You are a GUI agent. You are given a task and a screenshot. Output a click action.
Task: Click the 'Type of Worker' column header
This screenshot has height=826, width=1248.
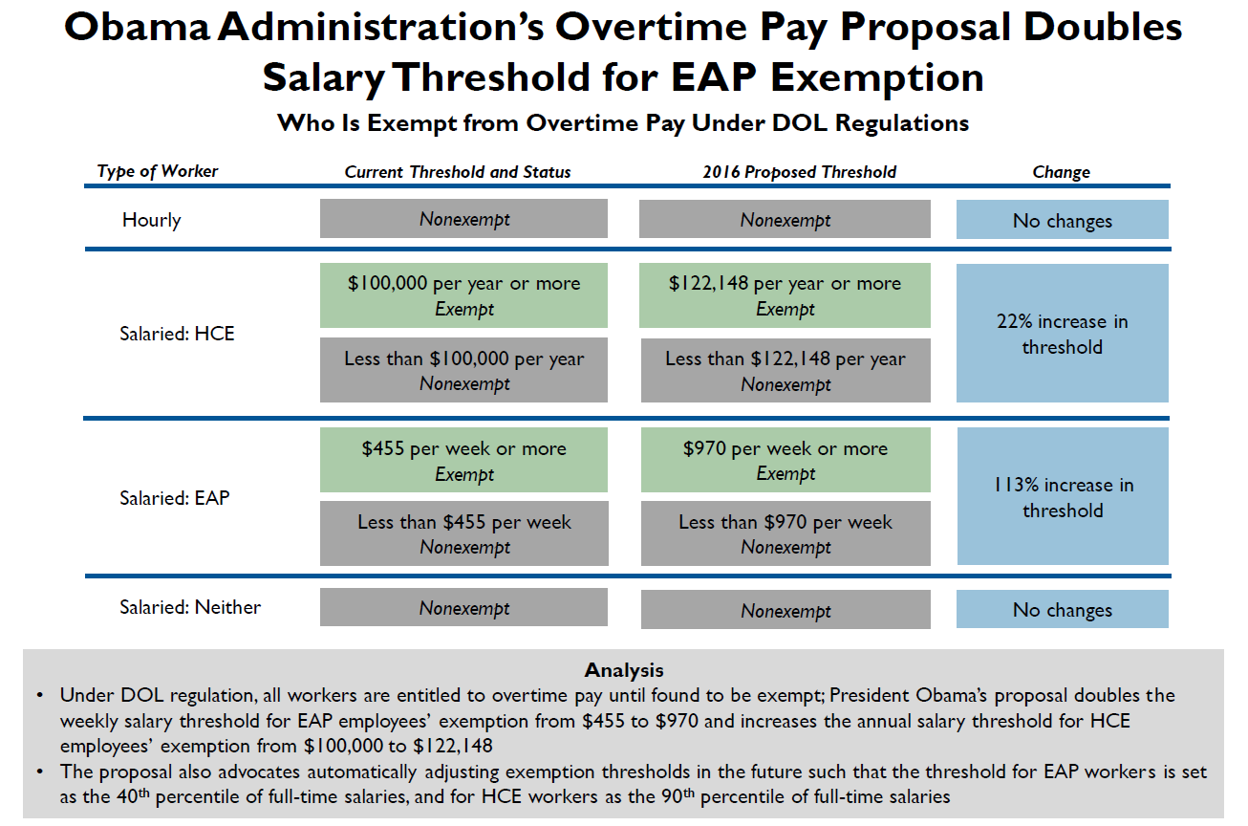[x=158, y=171]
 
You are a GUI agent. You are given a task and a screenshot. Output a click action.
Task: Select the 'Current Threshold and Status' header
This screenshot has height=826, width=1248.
[x=458, y=172]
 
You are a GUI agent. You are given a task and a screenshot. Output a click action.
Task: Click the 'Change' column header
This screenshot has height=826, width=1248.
[x=1061, y=172]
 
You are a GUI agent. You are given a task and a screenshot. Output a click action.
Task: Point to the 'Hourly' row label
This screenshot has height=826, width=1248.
[x=151, y=220]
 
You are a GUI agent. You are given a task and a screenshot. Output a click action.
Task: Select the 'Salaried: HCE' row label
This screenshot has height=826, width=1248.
[x=177, y=334]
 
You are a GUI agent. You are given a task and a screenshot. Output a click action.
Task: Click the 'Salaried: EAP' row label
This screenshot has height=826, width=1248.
[x=175, y=497]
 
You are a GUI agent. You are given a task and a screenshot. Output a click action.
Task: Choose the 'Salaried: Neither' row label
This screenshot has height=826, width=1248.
[x=190, y=607]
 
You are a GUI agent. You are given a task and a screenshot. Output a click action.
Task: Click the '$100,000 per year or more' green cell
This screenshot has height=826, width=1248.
[x=464, y=295]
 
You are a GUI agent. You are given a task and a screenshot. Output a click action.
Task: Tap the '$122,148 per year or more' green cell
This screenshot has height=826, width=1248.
[x=785, y=295]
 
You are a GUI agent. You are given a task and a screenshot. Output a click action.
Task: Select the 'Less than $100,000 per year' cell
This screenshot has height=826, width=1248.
[x=464, y=370]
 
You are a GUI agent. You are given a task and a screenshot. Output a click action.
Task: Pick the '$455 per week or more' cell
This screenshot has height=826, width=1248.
[x=464, y=460]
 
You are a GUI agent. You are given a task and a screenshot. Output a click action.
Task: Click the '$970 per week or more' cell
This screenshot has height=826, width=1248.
[x=785, y=460]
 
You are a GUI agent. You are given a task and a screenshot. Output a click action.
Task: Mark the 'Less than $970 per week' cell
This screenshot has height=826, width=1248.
[x=785, y=533]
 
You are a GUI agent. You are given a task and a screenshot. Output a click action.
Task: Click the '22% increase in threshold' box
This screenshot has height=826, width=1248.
[x=1062, y=334]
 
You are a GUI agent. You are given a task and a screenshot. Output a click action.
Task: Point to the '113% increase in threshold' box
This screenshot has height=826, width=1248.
[x=1062, y=497]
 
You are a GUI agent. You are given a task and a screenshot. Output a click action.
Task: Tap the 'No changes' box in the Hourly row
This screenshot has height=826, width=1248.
[x=1062, y=221]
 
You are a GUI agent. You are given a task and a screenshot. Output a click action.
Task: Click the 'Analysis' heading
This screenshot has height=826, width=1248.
[x=623, y=670]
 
